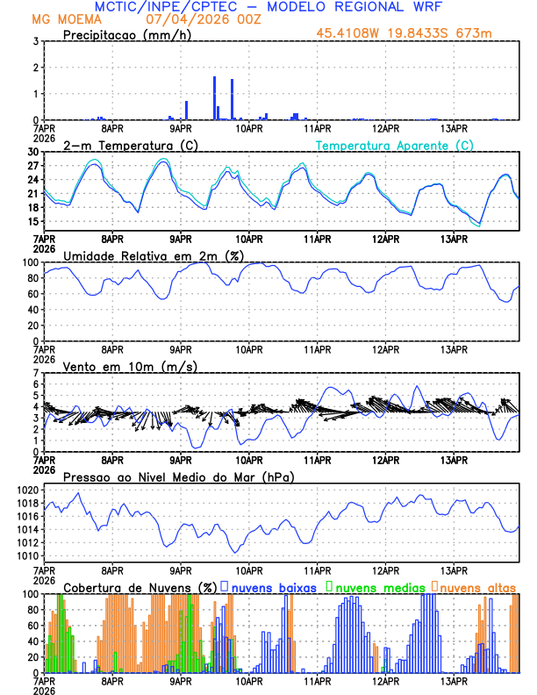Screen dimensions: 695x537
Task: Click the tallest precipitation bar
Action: (214, 98)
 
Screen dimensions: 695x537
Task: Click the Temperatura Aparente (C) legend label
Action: (395, 145)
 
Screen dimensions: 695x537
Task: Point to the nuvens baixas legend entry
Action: (273, 586)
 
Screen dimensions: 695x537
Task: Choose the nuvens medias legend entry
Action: (377, 586)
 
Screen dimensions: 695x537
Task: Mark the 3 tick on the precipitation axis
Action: (35, 41)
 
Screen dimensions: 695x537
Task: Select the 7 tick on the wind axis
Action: (35, 373)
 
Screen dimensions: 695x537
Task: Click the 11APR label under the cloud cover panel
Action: (317, 680)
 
